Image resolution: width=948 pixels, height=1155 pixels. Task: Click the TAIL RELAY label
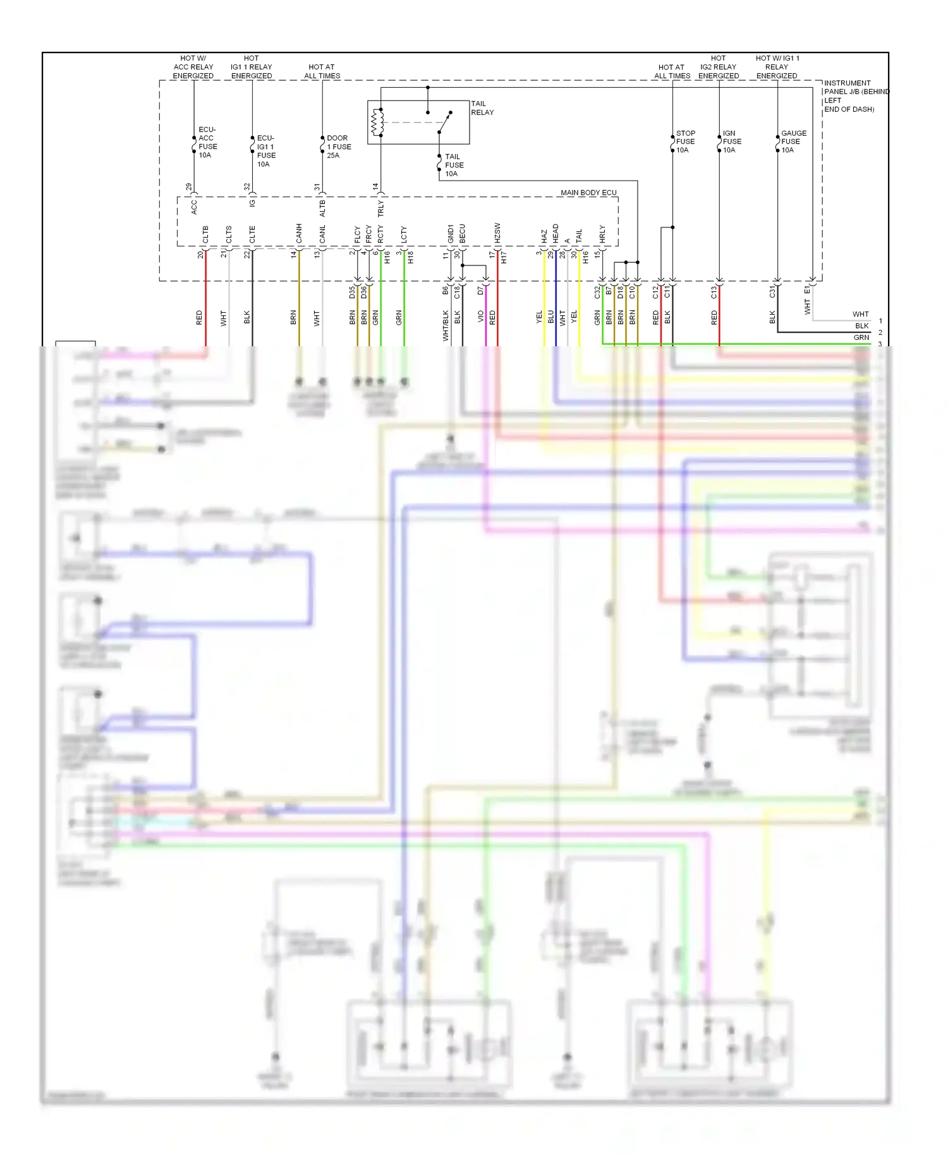[x=482, y=108]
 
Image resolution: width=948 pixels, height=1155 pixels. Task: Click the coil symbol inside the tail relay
[x=377, y=123]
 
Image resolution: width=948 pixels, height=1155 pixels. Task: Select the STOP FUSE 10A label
[x=685, y=142]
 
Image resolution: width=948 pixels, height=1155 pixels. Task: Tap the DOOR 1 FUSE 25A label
[x=338, y=147]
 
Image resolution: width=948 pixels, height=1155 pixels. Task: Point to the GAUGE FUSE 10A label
[x=793, y=142]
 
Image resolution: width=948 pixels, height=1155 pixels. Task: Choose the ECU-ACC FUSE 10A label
[x=207, y=142]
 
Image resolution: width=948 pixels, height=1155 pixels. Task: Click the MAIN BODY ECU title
[x=588, y=193]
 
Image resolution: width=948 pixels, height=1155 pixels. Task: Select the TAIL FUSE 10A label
[x=454, y=165]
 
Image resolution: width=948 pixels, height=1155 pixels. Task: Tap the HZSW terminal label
[x=497, y=233]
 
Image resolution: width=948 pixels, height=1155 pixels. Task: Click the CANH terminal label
[x=299, y=233]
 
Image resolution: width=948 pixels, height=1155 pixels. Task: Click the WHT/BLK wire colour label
[x=446, y=325]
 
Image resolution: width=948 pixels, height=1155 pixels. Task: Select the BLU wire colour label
[x=550, y=317]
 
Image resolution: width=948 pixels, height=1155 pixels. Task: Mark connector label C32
[x=597, y=292]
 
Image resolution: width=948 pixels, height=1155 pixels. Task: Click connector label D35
[x=352, y=292]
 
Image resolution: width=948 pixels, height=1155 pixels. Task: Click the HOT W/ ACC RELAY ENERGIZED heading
[x=193, y=67]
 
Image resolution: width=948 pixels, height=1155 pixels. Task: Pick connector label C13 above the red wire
[x=714, y=292]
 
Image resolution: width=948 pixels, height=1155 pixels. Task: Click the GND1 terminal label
[x=451, y=233]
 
